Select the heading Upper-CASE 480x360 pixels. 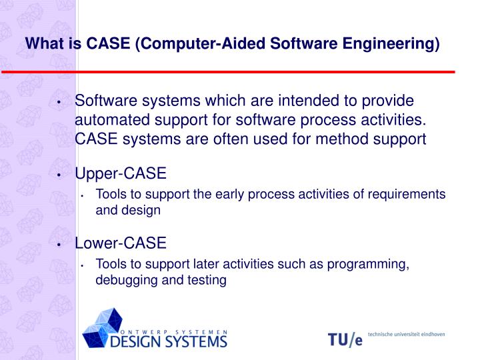pos(121,174)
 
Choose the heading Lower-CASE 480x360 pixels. pos(121,243)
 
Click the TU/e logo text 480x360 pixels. pos(345,339)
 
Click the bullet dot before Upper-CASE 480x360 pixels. pos(60,175)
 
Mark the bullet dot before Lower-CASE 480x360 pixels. pos(60,244)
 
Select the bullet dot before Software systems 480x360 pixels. pos(60,102)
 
